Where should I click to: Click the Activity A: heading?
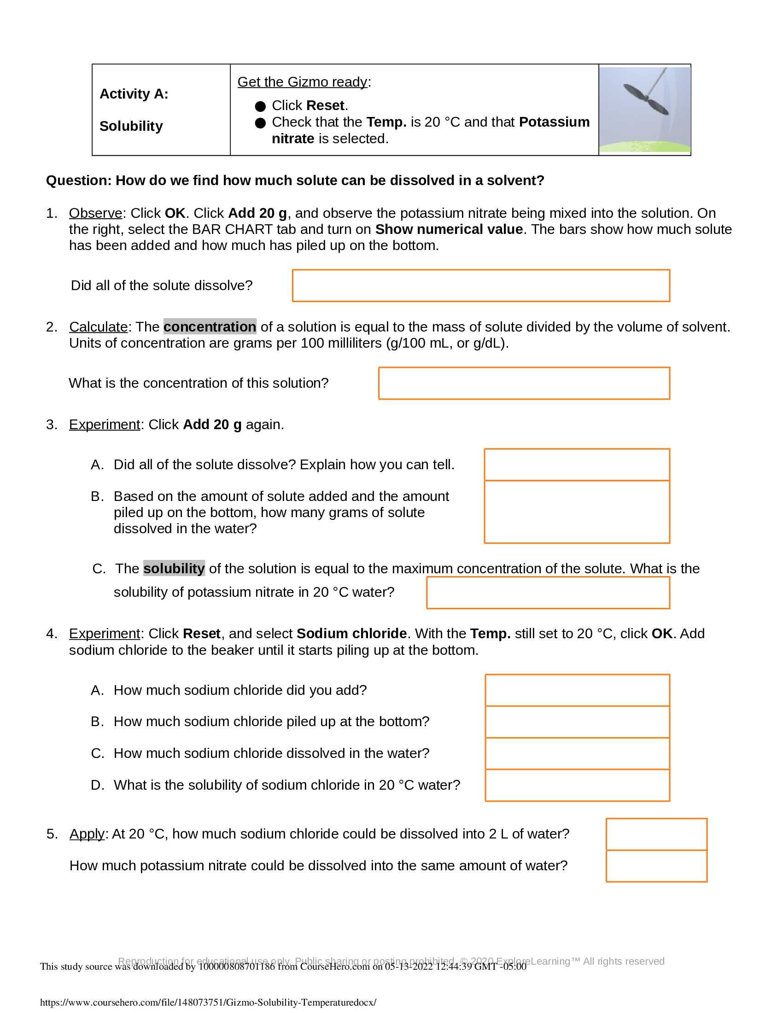[x=134, y=94]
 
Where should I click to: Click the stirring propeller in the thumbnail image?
[x=645, y=99]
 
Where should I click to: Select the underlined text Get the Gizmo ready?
[x=302, y=82]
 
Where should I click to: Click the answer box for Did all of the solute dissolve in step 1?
[x=480, y=286]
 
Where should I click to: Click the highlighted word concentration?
[x=210, y=327]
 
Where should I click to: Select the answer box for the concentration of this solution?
[x=524, y=383]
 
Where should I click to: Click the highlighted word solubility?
[x=174, y=569]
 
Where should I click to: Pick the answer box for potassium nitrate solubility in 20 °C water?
[x=548, y=593]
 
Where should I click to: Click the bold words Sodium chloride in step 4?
[x=351, y=634]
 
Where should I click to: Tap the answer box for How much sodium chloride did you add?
[x=577, y=690]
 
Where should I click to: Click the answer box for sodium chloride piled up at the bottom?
[x=577, y=722]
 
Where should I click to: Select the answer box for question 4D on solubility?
[x=577, y=785]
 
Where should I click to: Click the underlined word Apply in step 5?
[x=87, y=834]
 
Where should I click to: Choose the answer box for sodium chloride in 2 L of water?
[x=656, y=834]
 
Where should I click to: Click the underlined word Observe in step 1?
[x=95, y=213]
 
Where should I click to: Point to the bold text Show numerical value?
[x=449, y=230]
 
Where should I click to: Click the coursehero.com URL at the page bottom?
[x=208, y=1002]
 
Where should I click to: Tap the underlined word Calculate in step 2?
[x=99, y=327]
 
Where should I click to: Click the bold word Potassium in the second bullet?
[x=554, y=122]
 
